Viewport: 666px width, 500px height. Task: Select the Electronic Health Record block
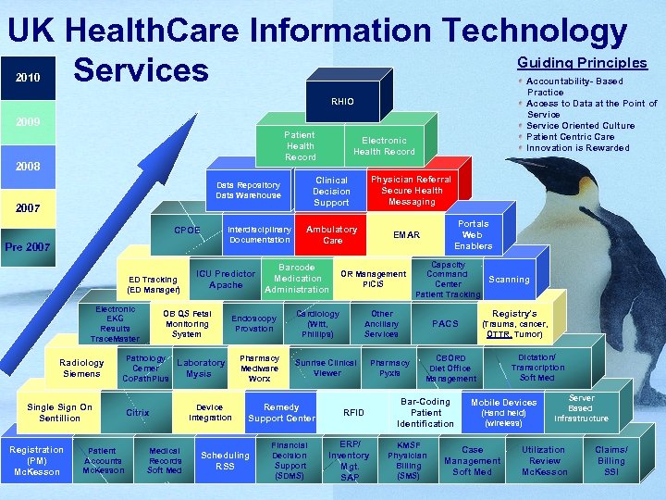tap(384, 146)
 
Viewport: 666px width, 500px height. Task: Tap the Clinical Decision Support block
tap(331, 191)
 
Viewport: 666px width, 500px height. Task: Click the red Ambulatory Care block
tap(331, 234)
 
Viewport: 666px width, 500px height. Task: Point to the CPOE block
tap(187, 231)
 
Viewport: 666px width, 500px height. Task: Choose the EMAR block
tap(406, 235)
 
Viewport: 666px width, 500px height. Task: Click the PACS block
tap(445, 324)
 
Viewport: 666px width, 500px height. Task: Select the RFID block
tap(353, 413)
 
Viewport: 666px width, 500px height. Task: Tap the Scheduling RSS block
tap(225, 460)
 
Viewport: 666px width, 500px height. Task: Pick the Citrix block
tap(137, 413)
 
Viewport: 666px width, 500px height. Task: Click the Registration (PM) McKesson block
tap(37, 461)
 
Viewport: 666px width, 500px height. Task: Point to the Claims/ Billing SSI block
tap(610, 460)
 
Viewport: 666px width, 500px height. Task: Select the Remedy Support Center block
tap(281, 413)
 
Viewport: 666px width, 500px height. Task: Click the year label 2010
tap(27, 78)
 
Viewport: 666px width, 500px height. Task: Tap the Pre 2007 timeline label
tap(28, 247)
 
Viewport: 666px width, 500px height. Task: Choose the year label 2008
tap(27, 167)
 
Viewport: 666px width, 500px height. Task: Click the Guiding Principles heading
tap(582, 63)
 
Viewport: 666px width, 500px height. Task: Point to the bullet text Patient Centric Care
tap(570, 137)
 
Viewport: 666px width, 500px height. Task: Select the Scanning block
tap(509, 280)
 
